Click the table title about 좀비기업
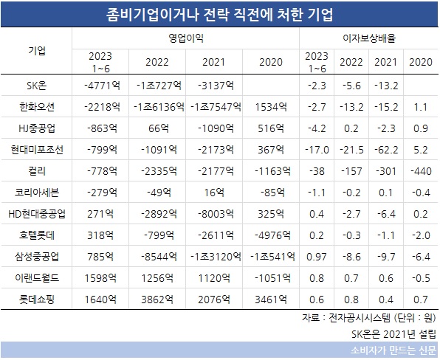point(220,14)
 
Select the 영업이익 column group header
point(186,38)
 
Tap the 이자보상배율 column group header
point(369,38)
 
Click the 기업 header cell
point(37,51)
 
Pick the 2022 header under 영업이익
point(157,62)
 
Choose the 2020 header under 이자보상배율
point(421,62)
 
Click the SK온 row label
point(37,86)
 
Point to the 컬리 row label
point(37,171)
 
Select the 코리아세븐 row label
point(37,193)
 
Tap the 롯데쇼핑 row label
point(37,300)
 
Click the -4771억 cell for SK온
point(102,86)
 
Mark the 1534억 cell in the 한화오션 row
point(271,107)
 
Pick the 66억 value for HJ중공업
point(159,128)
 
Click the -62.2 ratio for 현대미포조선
point(386,150)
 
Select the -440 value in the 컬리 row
point(421,171)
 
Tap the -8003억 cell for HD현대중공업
point(216,214)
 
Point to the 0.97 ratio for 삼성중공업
point(317,257)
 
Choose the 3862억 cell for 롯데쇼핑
point(157,300)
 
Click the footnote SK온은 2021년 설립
point(393,334)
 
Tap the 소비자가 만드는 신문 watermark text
point(393,350)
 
